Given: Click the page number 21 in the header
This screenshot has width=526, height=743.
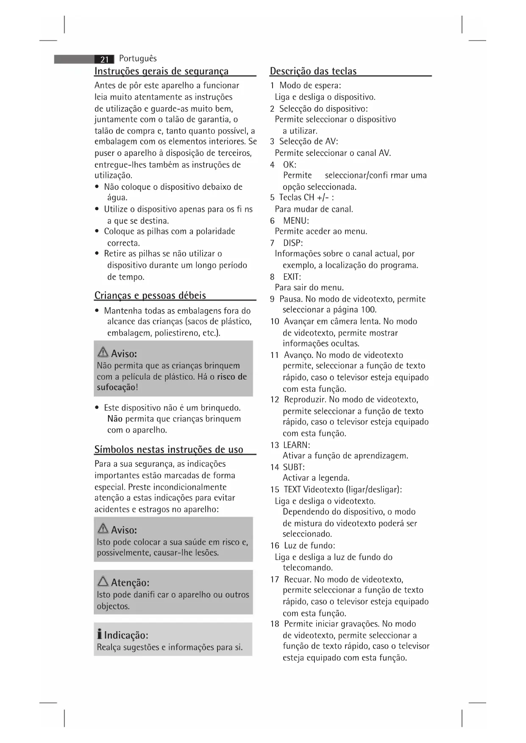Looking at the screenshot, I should pos(105,59).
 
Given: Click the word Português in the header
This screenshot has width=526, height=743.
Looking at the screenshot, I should pos(138,58).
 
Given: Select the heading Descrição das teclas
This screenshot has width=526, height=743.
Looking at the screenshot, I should pos(313,71).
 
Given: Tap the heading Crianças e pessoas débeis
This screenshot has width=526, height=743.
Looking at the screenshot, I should pos(150,295).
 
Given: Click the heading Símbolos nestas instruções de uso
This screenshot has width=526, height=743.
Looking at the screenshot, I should pos(169,449).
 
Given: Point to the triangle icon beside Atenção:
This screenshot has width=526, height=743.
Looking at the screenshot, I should pos(103,582).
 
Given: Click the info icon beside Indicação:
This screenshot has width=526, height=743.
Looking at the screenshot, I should pos(99,635).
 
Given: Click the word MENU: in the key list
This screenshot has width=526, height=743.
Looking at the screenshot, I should pos(296,221).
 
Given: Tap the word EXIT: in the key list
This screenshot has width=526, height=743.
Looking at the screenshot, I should pos(292,277).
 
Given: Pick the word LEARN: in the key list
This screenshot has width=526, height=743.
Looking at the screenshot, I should pos(296,445).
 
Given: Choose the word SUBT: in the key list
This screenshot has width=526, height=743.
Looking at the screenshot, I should pos(294,467).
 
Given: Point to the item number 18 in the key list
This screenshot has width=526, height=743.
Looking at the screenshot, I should pos(275,624).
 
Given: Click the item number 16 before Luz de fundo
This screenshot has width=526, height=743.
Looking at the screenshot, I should pos(275,546).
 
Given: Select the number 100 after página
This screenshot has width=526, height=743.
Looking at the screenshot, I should pos(368,310).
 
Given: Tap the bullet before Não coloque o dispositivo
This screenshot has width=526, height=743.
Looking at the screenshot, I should pos(97,187).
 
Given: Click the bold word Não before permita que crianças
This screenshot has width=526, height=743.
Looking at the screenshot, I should pos(115,419).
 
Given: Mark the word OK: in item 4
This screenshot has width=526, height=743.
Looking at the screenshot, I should pos(290,164).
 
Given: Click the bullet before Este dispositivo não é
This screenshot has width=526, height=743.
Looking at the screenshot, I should pos(97,408).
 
